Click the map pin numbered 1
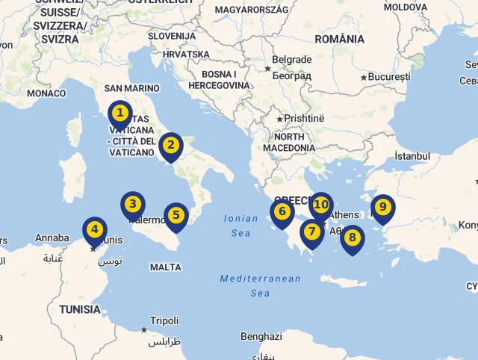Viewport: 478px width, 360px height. pyautogui.click(x=119, y=114)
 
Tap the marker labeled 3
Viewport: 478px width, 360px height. pyautogui.click(x=133, y=204)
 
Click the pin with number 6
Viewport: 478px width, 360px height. pyautogui.click(x=282, y=212)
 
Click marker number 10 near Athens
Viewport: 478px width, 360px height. pyautogui.click(x=321, y=204)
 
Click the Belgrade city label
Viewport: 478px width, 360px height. pyautogui.click(x=292, y=60)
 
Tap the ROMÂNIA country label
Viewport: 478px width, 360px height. pyautogui.click(x=339, y=39)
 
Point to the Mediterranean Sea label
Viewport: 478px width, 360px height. pyautogui.click(x=260, y=285)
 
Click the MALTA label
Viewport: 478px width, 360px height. pyautogui.click(x=165, y=267)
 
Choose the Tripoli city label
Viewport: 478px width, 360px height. pyautogui.click(x=164, y=320)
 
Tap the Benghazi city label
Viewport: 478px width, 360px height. pyautogui.click(x=261, y=336)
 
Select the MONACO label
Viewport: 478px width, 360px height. pyautogui.click(x=46, y=93)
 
